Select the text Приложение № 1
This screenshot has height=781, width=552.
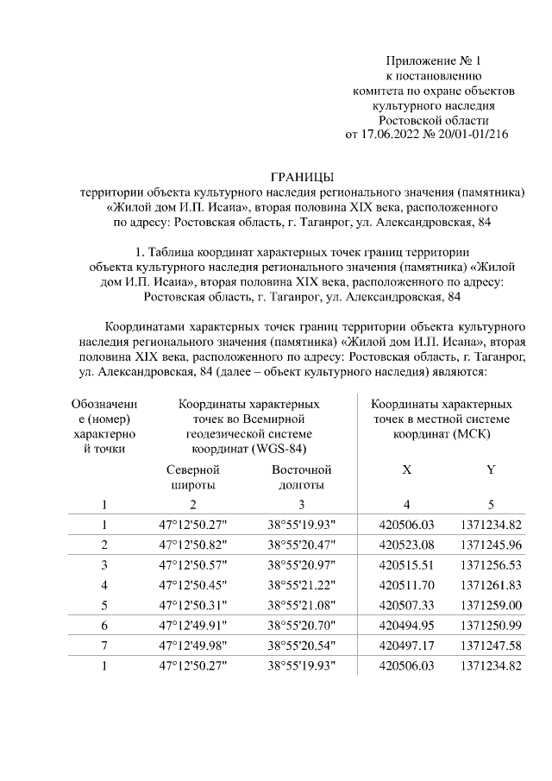(x=433, y=61)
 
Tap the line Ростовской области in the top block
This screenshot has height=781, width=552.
(x=433, y=120)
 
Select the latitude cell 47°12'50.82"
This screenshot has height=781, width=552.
(x=192, y=545)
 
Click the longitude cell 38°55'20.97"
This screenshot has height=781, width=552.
(x=300, y=565)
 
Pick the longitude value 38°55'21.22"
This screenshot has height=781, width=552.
(x=300, y=584)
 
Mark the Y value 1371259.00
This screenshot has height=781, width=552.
(x=489, y=603)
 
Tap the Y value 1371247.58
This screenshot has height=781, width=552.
(x=489, y=644)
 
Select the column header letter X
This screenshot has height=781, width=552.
(x=406, y=470)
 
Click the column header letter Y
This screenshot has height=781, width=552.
(x=490, y=470)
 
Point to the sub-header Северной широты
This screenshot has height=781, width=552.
(x=192, y=477)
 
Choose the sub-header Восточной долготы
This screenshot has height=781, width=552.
(x=301, y=477)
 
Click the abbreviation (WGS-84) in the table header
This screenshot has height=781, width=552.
(x=278, y=449)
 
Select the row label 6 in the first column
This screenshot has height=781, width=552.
(x=104, y=624)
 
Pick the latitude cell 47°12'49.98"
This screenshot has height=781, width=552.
(x=192, y=644)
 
